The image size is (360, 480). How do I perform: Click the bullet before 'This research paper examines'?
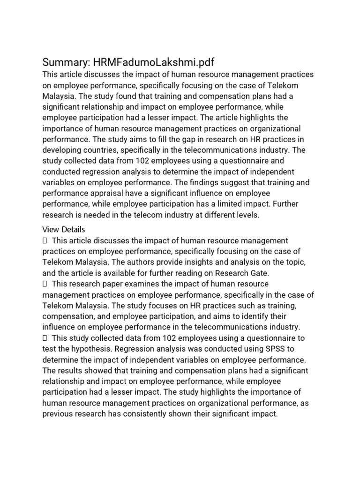pyautogui.click(x=45, y=284)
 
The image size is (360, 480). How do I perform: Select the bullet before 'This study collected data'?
pyautogui.click(x=45, y=338)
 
